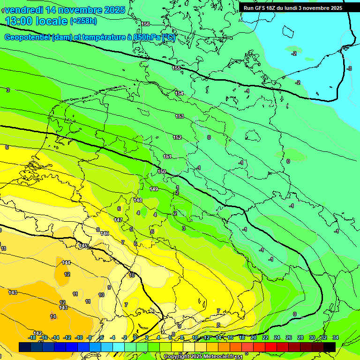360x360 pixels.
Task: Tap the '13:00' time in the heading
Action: (21, 21)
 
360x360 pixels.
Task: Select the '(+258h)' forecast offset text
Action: (83, 21)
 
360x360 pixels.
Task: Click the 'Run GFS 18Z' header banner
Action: (293, 8)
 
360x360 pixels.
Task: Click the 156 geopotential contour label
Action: (145, 24)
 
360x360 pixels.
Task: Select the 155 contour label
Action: (176, 68)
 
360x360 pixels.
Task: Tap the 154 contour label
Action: (179, 93)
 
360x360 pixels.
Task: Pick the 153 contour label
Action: (180, 116)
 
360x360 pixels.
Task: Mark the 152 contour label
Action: (177, 137)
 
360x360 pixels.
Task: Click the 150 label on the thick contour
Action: (162, 172)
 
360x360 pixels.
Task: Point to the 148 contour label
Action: (138, 200)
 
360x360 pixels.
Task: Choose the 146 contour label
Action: (105, 233)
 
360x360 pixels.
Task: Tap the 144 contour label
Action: (66, 262)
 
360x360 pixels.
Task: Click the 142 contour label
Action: (37, 333)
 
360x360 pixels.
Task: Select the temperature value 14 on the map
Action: (53, 316)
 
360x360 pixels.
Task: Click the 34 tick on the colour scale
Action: (335, 337)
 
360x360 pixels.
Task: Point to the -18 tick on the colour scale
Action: (32, 337)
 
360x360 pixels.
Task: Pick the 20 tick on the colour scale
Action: (253, 337)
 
